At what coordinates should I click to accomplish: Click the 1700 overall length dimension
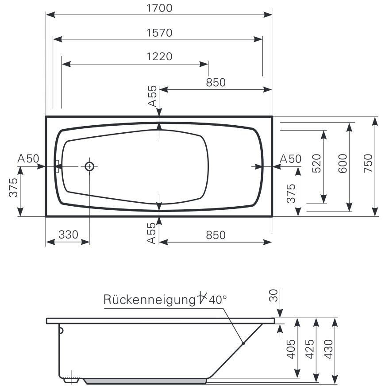[159, 8]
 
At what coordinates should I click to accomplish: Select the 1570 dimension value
[159, 33]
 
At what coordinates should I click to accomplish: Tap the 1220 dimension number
[159, 57]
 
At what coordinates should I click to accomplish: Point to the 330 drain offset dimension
[68, 235]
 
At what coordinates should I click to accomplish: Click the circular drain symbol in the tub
[89, 166]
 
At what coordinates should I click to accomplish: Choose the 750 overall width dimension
[368, 163]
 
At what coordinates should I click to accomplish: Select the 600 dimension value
[343, 163]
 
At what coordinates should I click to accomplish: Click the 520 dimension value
[317, 163]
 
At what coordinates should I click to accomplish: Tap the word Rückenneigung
[150, 300]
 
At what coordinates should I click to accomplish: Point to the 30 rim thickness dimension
[273, 296]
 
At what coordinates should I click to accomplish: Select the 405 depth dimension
[291, 349]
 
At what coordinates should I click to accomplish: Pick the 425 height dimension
[310, 349]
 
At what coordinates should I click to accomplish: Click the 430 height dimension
[328, 349]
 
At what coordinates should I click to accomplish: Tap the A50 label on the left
[28, 158]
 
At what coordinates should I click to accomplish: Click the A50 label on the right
[290, 158]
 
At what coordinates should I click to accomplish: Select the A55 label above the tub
[152, 96]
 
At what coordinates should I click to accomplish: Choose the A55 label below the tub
[151, 233]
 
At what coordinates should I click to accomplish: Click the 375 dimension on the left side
[13, 188]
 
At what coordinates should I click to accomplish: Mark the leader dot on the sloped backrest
[243, 343]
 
